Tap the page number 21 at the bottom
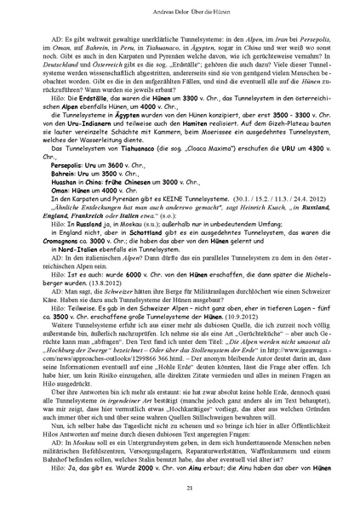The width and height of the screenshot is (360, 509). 180,486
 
